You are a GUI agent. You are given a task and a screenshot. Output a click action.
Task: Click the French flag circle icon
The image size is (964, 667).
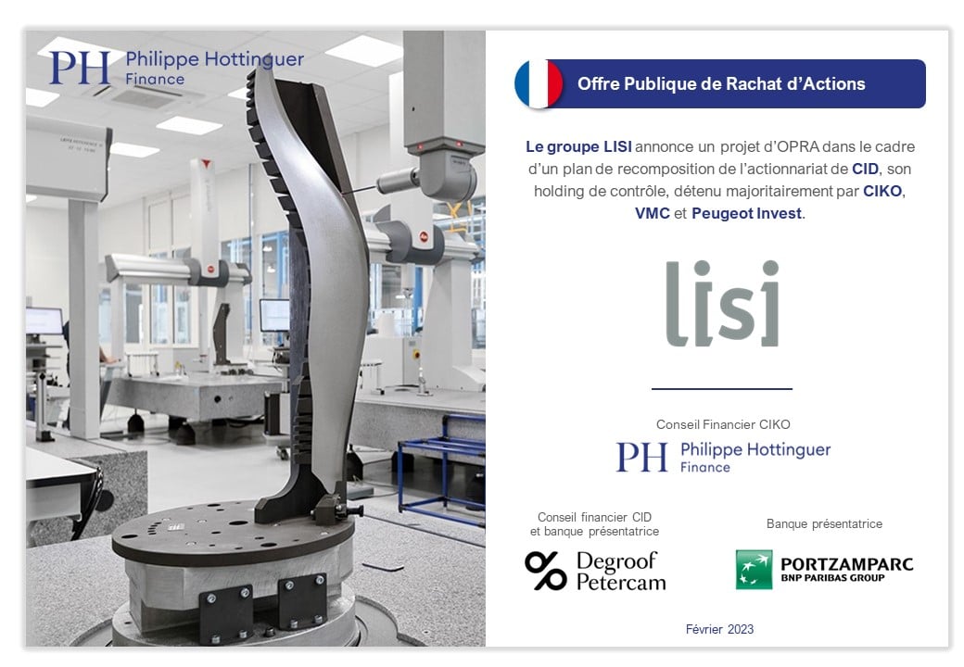pos(539,84)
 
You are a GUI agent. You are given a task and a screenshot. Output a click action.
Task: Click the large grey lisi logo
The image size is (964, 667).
pos(723,303)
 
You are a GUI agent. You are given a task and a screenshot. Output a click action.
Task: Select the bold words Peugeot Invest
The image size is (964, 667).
pos(747,213)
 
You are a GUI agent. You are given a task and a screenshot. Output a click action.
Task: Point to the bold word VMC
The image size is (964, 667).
pos(653,213)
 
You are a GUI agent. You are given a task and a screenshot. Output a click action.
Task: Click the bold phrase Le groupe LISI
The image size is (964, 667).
pos(578,146)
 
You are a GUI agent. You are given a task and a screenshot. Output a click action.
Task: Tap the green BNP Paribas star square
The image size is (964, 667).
pos(754,570)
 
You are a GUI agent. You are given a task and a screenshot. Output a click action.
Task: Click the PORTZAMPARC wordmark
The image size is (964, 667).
pos(846,564)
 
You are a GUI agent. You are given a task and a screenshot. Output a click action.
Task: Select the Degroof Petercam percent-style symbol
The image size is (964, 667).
pos(545,571)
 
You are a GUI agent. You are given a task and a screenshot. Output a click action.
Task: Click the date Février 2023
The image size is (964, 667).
pos(719,629)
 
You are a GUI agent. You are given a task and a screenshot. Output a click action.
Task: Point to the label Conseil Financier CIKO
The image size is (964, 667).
pos(723,424)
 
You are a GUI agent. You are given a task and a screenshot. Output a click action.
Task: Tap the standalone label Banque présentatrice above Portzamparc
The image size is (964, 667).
pos(824,524)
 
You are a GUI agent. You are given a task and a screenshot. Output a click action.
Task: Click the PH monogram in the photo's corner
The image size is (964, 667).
pos(80,68)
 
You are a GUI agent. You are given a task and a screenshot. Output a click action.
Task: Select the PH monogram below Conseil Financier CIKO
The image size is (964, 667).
pos(641,457)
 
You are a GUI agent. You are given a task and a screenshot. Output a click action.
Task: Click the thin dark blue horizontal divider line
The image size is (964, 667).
pos(722,389)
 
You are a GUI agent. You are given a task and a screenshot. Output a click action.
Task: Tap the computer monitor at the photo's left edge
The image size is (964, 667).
pos(44,321)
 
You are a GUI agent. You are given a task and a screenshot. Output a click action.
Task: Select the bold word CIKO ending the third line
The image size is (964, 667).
pos(882,191)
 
